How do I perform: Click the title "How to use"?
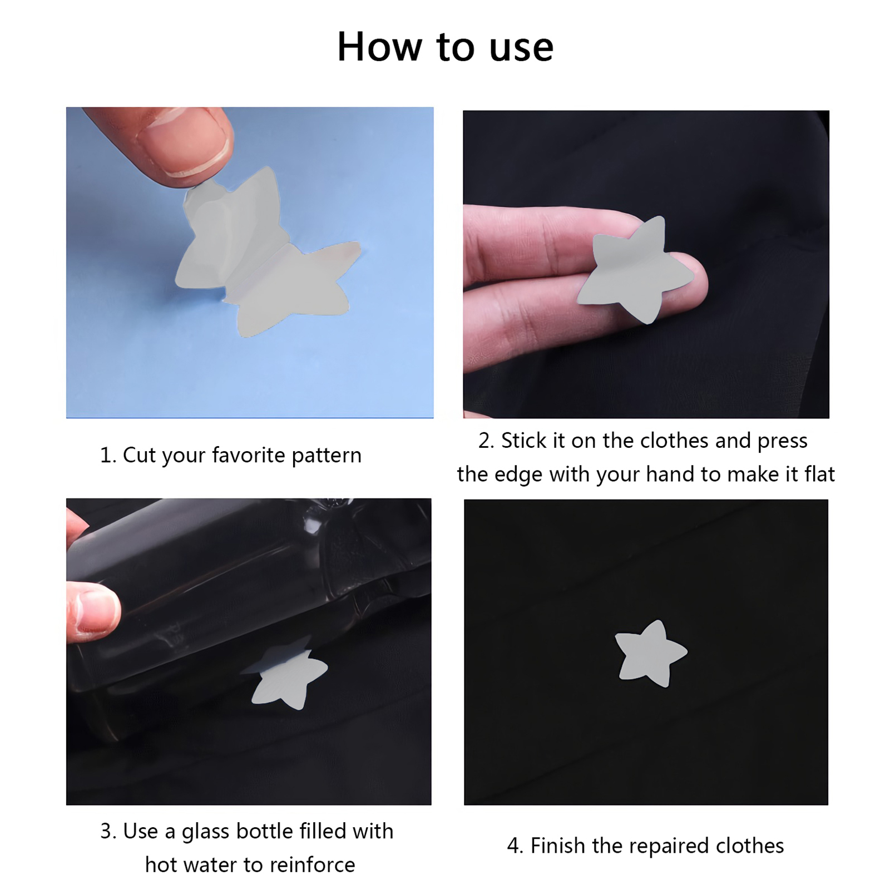coord(445,47)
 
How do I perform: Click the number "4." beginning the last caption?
coord(515,846)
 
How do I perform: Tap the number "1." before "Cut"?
coord(108,456)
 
